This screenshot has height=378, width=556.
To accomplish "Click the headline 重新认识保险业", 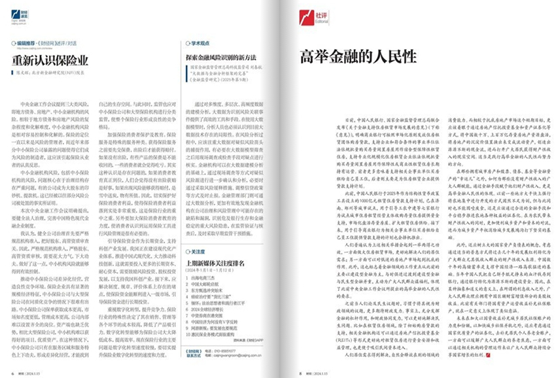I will click(50, 60).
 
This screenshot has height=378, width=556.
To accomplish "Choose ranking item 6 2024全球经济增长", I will click(208, 309).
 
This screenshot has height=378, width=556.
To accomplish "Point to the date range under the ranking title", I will click(209, 271).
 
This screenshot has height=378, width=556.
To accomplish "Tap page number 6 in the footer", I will click(14, 373).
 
